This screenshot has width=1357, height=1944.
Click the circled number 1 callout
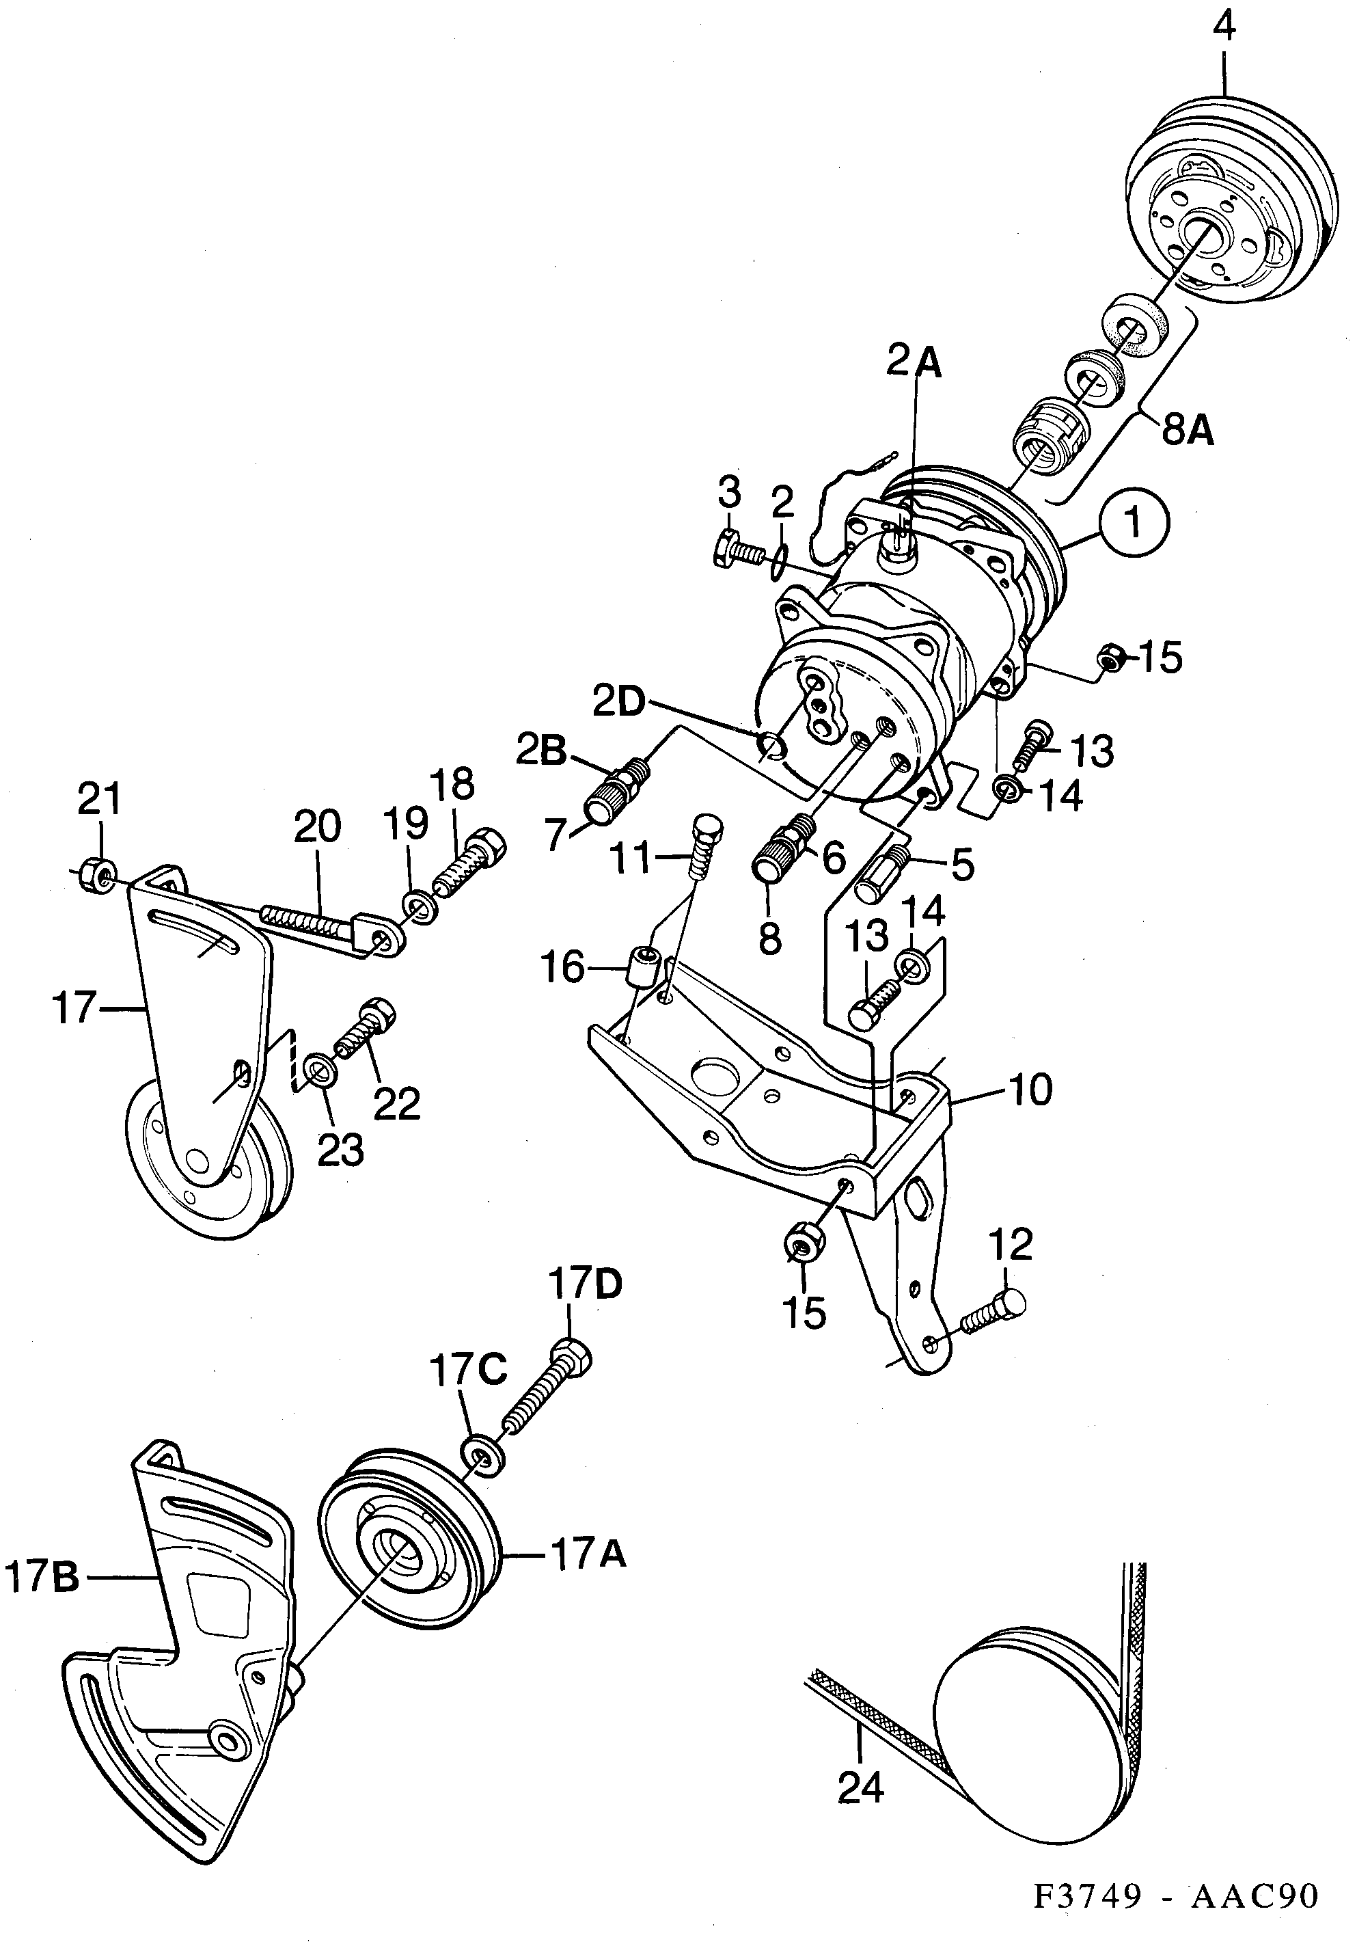(x=1134, y=524)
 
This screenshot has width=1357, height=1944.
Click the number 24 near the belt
(x=860, y=1789)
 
